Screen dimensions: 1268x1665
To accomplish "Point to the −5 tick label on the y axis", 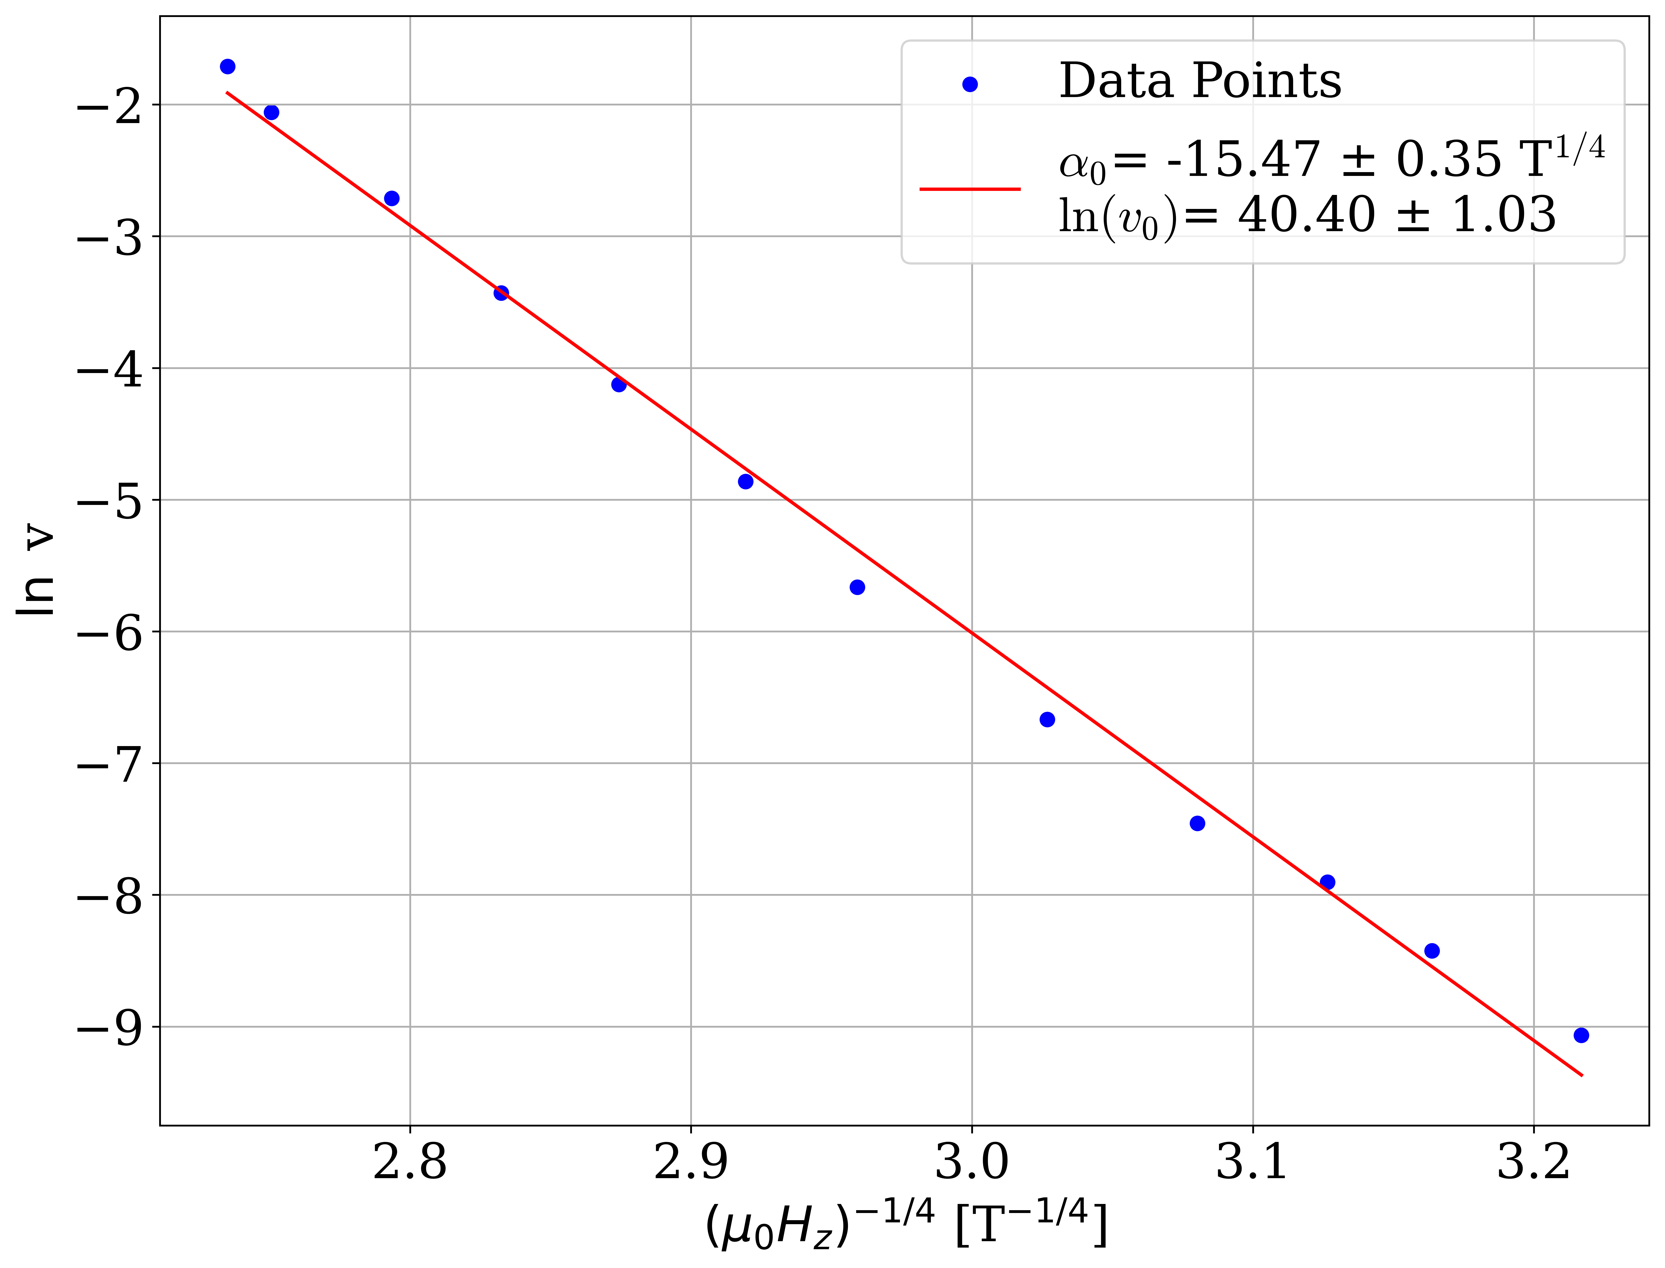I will [109, 501].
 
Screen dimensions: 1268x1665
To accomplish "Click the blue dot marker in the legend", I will [970, 84].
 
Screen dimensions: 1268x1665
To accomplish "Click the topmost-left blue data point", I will [227, 66].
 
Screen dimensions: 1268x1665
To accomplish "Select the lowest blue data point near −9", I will [1581, 1035].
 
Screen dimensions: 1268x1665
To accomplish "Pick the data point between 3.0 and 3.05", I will [1047, 719].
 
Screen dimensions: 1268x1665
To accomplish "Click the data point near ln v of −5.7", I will [857, 587].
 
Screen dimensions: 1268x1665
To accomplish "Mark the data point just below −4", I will [619, 385].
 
